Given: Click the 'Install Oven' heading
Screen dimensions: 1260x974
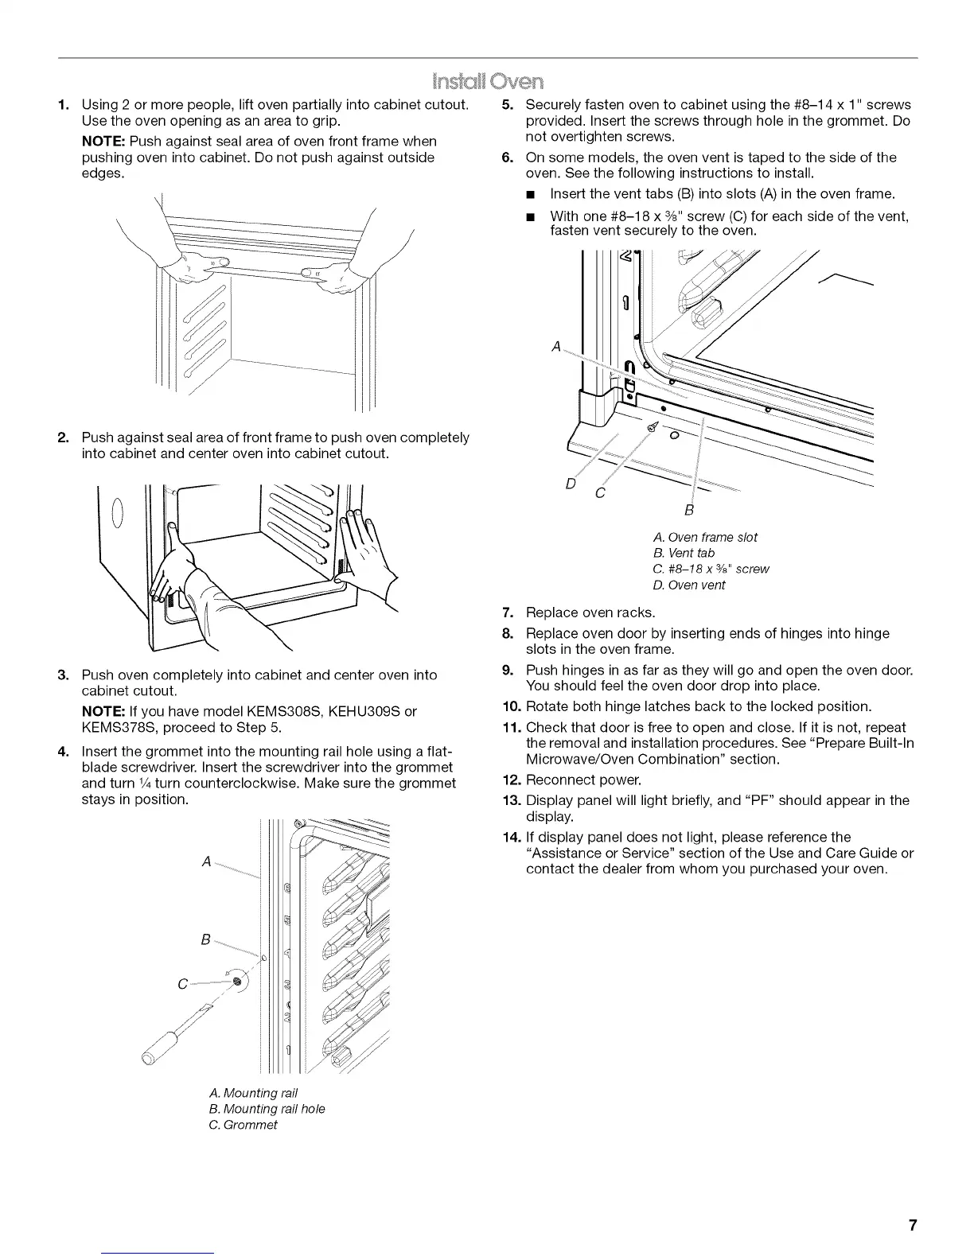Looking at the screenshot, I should [486, 82].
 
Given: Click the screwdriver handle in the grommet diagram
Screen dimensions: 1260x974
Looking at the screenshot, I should [163, 1043].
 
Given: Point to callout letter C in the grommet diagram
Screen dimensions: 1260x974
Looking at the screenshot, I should [183, 984].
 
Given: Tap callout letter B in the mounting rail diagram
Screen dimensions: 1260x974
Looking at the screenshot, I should [205, 940].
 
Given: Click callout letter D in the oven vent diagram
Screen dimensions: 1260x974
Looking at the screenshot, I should [570, 482].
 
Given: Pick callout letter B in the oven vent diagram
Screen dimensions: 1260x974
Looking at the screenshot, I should [689, 509].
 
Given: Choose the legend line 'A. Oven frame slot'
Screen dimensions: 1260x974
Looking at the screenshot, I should [705, 537].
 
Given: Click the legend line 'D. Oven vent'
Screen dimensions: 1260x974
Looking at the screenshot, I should [689, 585].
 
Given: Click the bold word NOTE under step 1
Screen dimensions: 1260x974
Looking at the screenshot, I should [103, 142].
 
